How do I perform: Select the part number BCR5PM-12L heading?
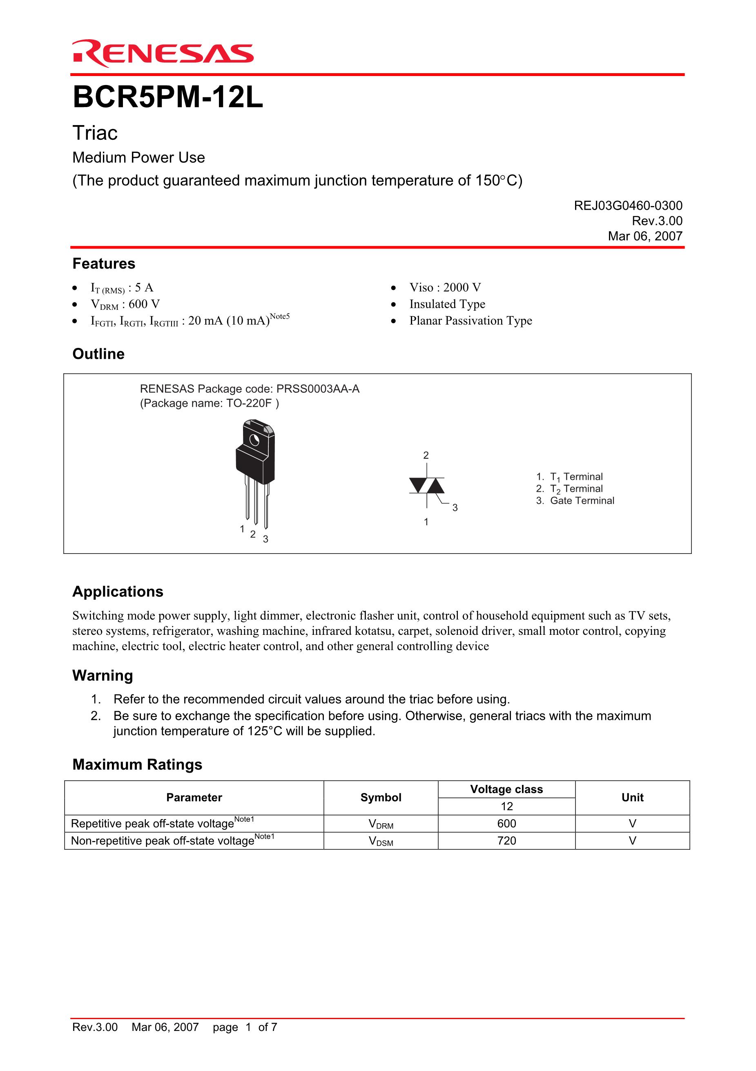[x=168, y=98]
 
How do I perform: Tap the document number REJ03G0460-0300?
[x=628, y=206]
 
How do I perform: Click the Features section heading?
[x=103, y=264]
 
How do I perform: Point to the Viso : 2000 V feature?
[x=445, y=287]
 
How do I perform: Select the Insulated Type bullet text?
[x=447, y=304]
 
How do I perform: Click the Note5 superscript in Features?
[x=280, y=317]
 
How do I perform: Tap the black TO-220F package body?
[x=255, y=464]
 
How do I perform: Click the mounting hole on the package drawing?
[x=254, y=440]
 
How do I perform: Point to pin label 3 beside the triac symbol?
[x=455, y=508]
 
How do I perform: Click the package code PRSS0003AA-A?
[x=318, y=389]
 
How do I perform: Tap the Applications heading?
[x=118, y=592]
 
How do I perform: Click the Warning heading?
[x=103, y=675]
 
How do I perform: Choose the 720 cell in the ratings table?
[x=506, y=841]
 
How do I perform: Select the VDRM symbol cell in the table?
[x=381, y=824]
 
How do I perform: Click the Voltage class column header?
[x=506, y=789]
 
